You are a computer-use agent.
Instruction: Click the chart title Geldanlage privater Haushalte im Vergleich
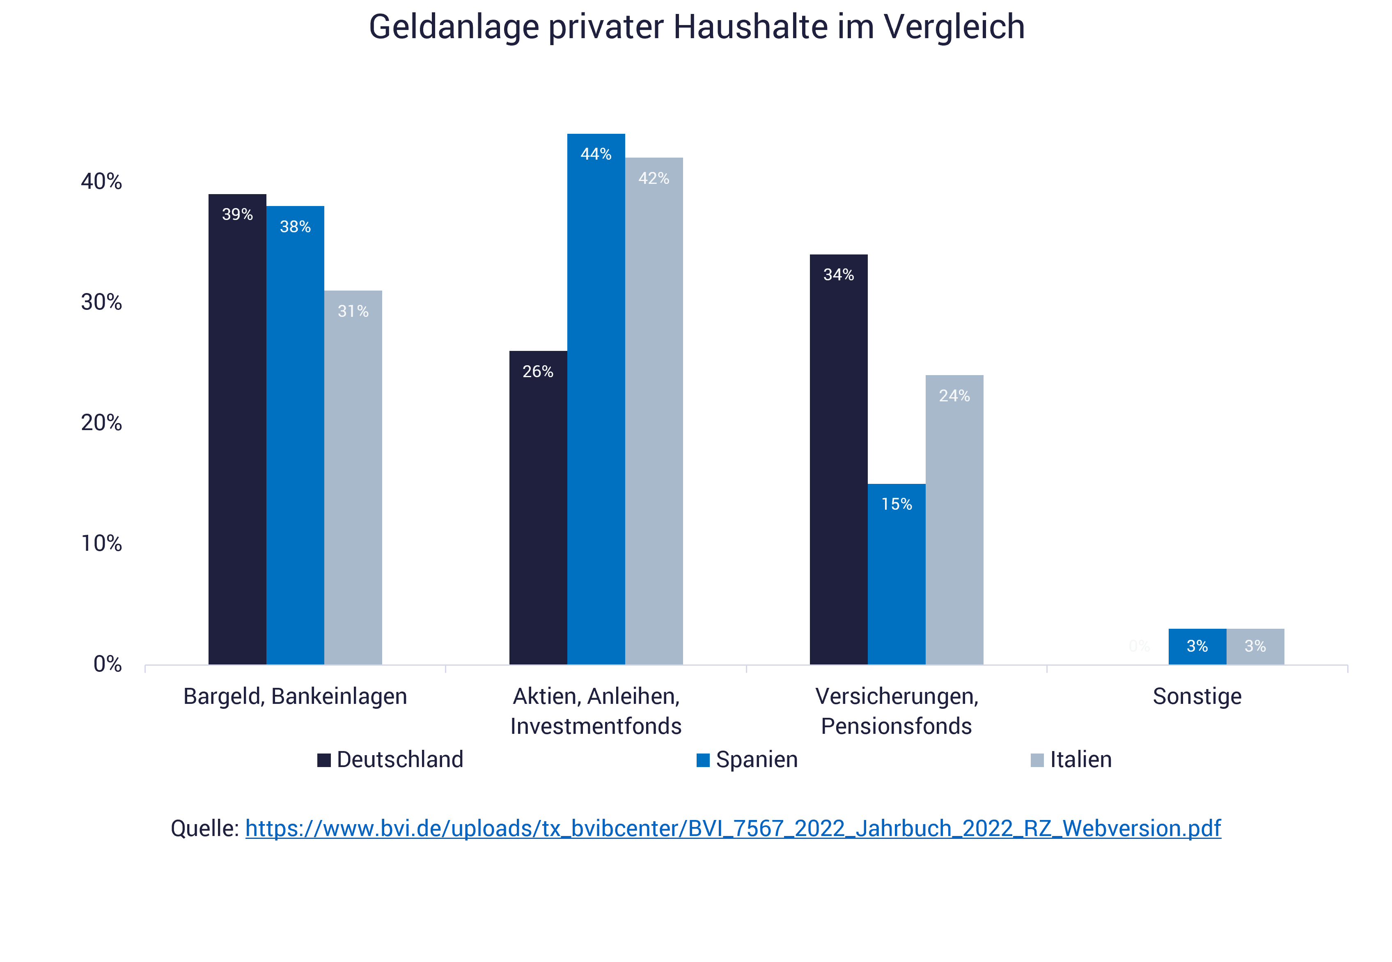click(x=696, y=27)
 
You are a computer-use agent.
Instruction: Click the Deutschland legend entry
click(x=391, y=760)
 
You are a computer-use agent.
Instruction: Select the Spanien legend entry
click(x=747, y=760)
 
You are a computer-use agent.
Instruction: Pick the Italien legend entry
click(x=1071, y=760)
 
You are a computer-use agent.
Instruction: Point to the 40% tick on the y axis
click(x=101, y=181)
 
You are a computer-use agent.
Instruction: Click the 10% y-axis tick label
click(x=101, y=544)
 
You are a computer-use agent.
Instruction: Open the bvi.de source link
click(x=733, y=828)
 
